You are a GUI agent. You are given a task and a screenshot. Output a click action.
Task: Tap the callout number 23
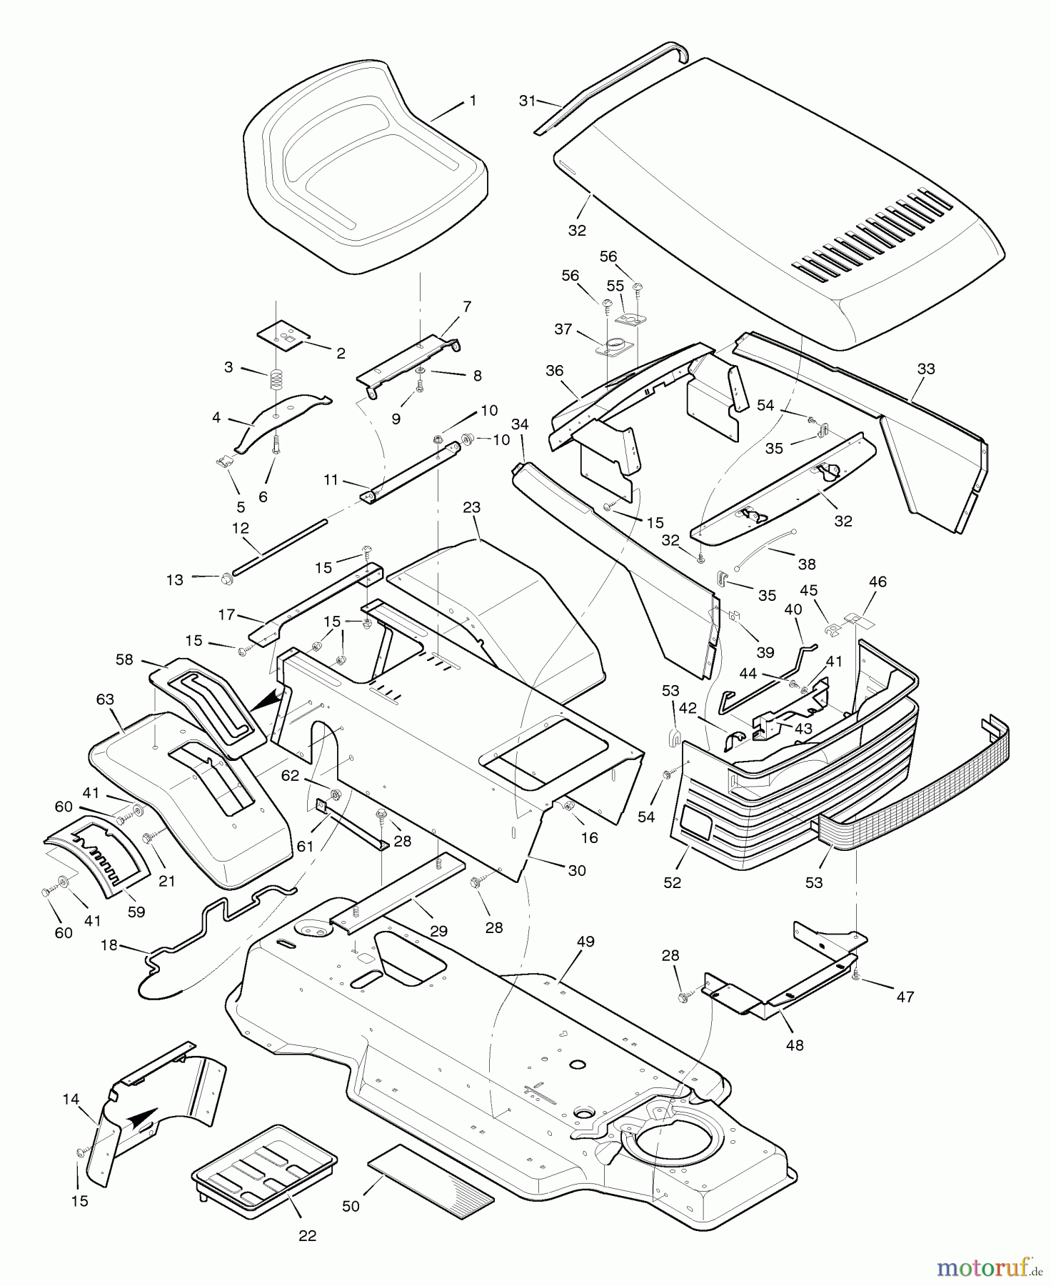click(x=472, y=508)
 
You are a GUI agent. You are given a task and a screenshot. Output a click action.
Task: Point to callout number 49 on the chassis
click(x=585, y=942)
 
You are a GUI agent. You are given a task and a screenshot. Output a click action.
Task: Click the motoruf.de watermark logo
click(x=988, y=1268)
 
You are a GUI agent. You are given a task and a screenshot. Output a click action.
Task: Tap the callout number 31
click(x=527, y=101)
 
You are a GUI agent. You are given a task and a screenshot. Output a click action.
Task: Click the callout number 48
click(x=795, y=1045)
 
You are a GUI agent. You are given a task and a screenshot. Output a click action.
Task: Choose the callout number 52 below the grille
click(x=672, y=883)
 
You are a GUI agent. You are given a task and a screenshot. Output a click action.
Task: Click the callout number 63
click(x=105, y=699)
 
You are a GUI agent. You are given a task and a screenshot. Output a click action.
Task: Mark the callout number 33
click(x=926, y=369)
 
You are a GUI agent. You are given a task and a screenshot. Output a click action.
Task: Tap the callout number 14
click(x=71, y=1100)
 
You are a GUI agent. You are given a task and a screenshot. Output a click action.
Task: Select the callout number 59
click(x=136, y=912)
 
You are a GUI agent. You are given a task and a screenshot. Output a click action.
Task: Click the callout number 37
click(x=563, y=329)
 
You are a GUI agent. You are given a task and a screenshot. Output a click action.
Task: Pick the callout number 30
click(x=577, y=870)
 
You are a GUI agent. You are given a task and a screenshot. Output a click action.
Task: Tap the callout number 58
click(x=124, y=659)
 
